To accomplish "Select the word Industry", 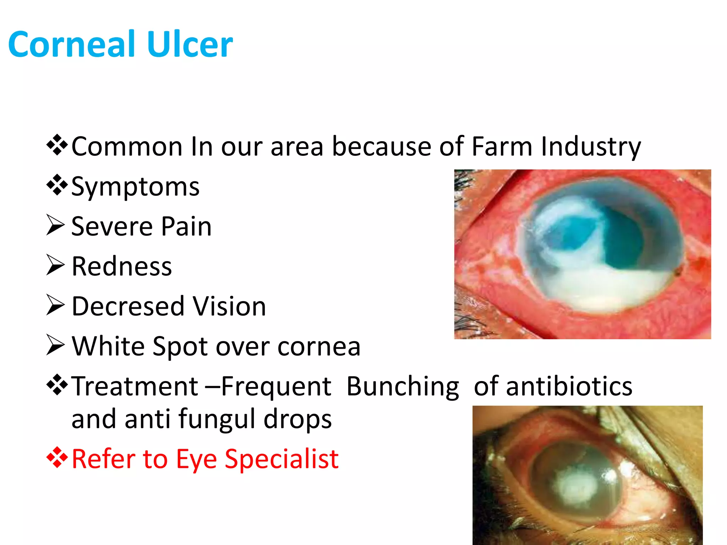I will [x=591, y=147].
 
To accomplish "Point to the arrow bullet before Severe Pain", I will [x=55, y=226].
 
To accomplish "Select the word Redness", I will [x=122, y=266].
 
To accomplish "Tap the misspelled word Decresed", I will [x=128, y=306].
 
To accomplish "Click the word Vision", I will [x=229, y=306].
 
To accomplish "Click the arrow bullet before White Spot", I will [x=55, y=345].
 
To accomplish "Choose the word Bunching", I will [x=403, y=386].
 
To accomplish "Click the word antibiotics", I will [x=569, y=386].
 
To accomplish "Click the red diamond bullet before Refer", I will [x=56, y=457].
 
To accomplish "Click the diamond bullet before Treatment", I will [x=56, y=385].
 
